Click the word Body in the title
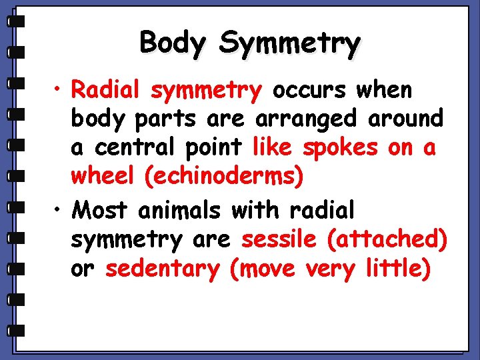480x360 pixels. tap(174, 43)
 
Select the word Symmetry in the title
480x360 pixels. tap(289, 45)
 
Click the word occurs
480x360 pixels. tap(310, 89)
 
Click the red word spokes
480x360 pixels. tap(340, 148)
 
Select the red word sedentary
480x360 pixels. tap(162, 269)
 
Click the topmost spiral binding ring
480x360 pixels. tap(15, 21)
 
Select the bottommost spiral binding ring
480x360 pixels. tap(15, 329)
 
